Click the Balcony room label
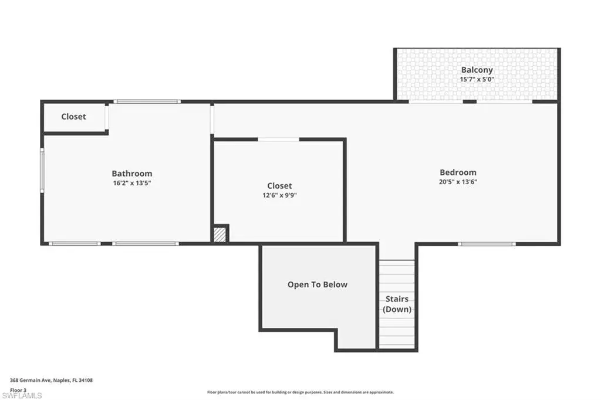click(x=477, y=70)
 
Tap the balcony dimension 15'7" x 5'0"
click(x=477, y=79)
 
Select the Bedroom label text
click(x=458, y=172)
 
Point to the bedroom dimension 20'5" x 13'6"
click(x=458, y=182)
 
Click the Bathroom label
click(x=132, y=174)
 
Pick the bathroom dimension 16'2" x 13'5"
click(x=132, y=183)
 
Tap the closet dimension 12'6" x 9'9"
click(x=279, y=195)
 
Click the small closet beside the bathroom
click(x=73, y=117)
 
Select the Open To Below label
click(x=318, y=284)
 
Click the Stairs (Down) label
click(x=397, y=304)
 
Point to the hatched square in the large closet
click(x=220, y=235)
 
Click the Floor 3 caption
click(x=18, y=390)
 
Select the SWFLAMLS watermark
click(x=22, y=395)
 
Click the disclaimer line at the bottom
click(x=300, y=392)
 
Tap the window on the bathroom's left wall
click(x=42, y=170)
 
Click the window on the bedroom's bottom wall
click(x=487, y=243)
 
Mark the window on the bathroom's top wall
click(x=147, y=101)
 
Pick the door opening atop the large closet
click(x=279, y=140)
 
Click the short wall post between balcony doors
click(x=470, y=101)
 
